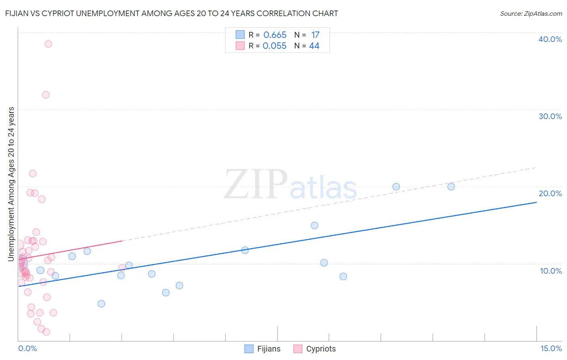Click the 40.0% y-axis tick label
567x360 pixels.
[x=550, y=39]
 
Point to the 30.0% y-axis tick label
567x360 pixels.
[x=550, y=116]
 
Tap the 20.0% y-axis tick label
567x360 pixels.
[x=550, y=193]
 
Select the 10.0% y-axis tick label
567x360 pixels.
[x=551, y=271]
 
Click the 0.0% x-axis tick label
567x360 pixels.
[x=27, y=348]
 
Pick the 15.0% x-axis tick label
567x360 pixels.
[x=551, y=348]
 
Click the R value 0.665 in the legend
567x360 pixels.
[x=275, y=35]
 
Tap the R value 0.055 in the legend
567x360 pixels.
[x=274, y=46]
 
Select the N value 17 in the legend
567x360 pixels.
[x=315, y=35]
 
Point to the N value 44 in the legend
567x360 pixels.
[x=314, y=46]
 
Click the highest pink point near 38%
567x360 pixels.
[x=48, y=44]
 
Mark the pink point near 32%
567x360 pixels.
[x=46, y=95]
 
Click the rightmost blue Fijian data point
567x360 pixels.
[x=451, y=186]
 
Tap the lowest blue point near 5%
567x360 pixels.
[x=101, y=303]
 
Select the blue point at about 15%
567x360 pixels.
[x=315, y=226]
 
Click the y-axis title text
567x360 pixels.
[x=11, y=184]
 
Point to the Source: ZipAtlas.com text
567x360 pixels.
[x=531, y=14]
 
